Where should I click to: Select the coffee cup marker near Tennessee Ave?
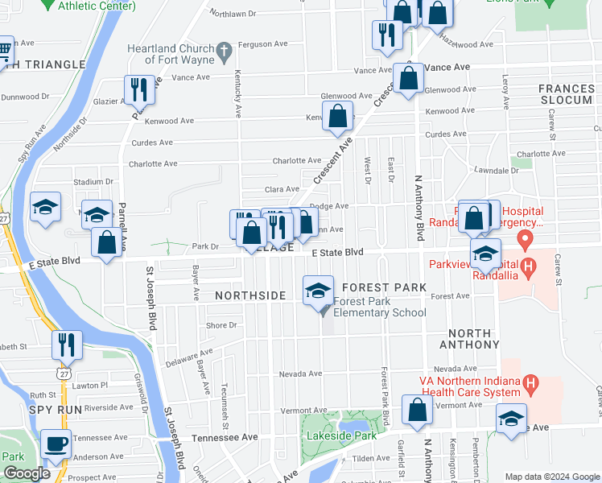56,444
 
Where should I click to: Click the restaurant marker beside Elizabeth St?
68,345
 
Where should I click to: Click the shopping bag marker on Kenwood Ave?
338,116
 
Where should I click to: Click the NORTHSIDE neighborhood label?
250,295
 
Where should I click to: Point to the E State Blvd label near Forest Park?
338,253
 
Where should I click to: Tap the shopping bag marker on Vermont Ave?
418,411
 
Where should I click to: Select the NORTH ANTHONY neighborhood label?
469,339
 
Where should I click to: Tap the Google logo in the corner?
27,474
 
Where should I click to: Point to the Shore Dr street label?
221,325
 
